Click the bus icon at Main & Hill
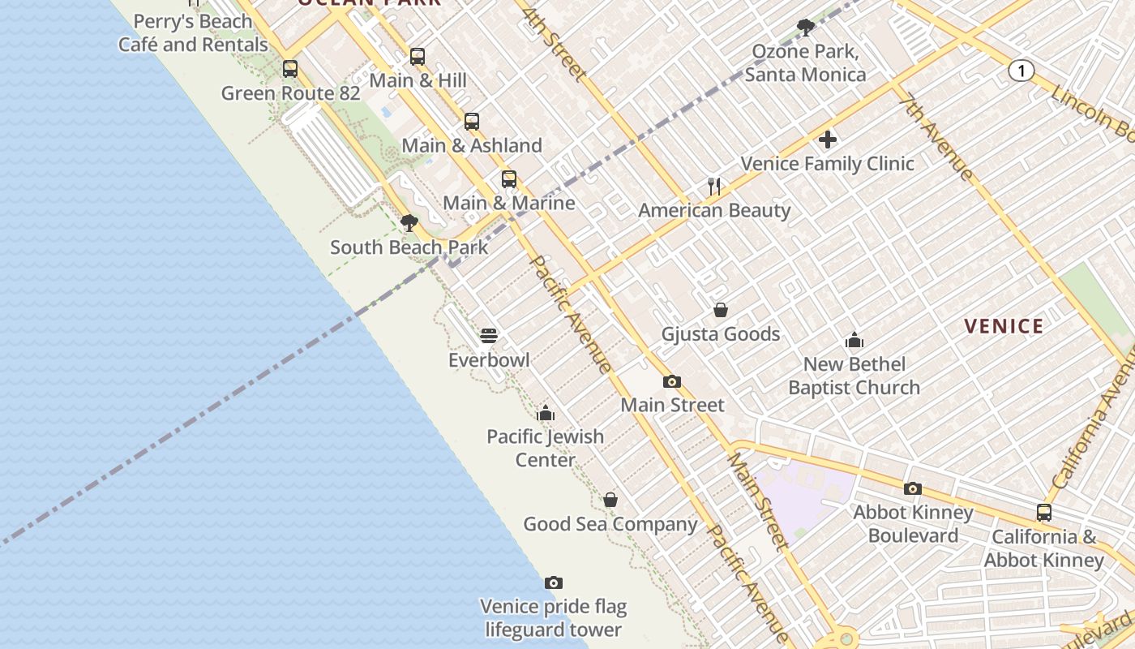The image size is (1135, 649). click(418, 57)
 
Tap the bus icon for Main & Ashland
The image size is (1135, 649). click(472, 122)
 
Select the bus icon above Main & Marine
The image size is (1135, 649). click(509, 179)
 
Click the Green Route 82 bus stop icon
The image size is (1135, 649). click(290, 69)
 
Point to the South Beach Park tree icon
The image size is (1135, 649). click(409, 223)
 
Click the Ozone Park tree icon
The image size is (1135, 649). click(805, 28)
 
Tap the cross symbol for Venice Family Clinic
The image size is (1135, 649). click(827, 140)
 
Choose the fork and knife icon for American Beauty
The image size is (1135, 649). click(714, 187)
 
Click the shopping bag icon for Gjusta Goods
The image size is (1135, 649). click(720, 310)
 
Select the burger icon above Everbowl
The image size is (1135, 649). click(488, 336)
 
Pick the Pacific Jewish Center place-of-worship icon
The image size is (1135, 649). click(546, 413)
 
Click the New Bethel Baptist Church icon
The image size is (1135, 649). click(854, 340)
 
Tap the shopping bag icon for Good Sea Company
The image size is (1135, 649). click(610, 500)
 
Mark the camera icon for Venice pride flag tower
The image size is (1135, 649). click(554, 582)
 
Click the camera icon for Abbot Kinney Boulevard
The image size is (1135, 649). click(913, 488)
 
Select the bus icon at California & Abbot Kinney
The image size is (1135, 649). click(1044, 513)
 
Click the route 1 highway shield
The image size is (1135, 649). click(1021, 71)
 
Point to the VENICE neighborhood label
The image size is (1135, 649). click(1004, 327)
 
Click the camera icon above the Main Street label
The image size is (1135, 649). click(671, 381)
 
